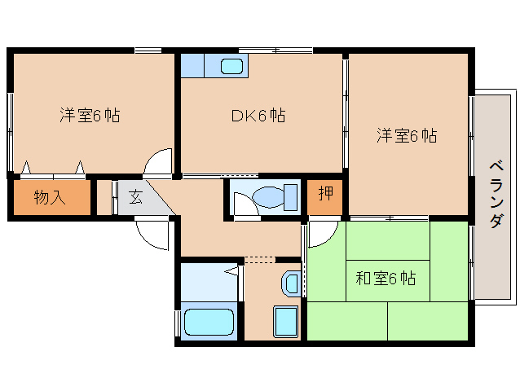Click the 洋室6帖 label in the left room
[89, 116]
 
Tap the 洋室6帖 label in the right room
[406, 136]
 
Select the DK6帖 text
[257, 116]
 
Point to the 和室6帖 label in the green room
[386, 279]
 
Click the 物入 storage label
[50, 197]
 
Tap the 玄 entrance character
[134, 196]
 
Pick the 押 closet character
[325, 194]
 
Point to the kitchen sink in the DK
[231, 65]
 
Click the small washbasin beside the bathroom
[290, 283]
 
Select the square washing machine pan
[285, 321]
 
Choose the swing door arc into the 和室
[320, 233]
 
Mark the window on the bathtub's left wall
[177, 322]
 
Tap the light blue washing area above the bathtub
[208, 281]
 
